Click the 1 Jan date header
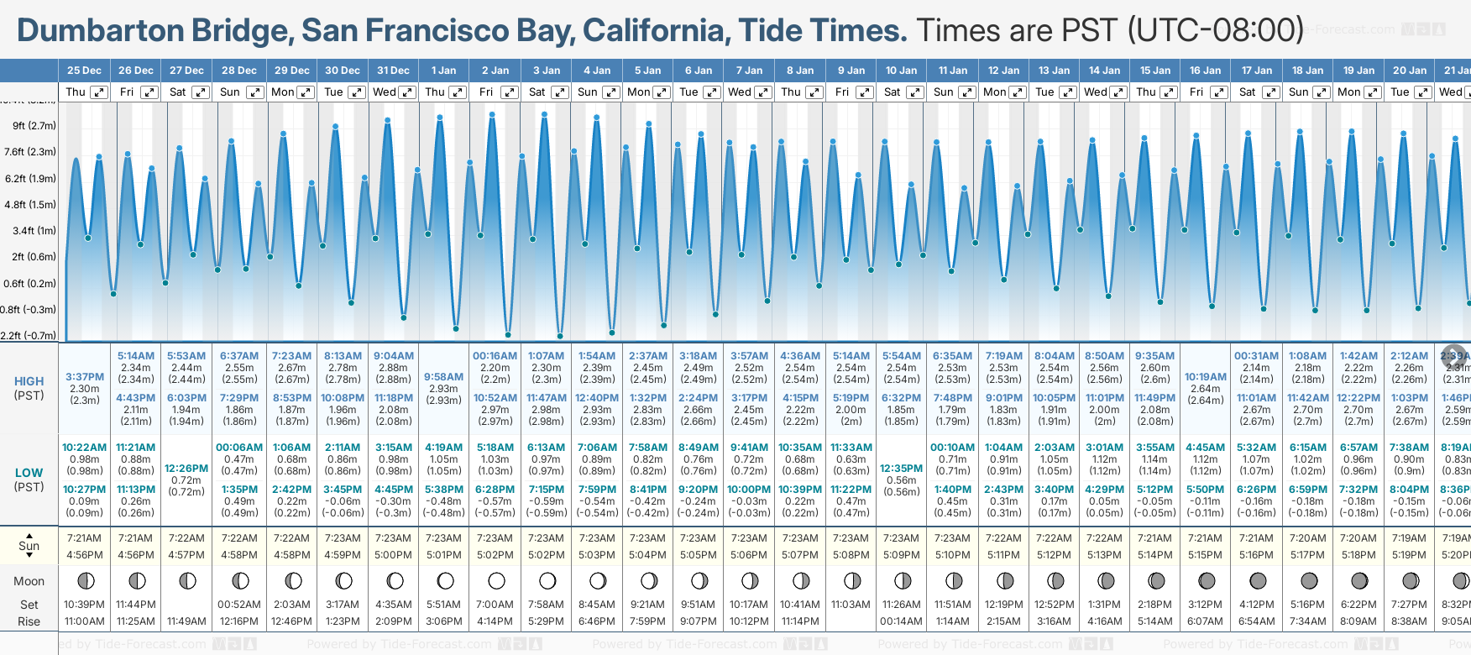pyautogui.click(x=443, y=71)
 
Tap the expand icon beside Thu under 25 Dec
pyautogui.click(x=99, y=92)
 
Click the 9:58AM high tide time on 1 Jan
pyautogui.click(x=443, y=377)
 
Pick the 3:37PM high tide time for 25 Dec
pyautogui.click(x=85, y=377)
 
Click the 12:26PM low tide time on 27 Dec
pyautogui.click(x=186, y=469)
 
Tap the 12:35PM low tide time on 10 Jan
pyautogui.click(x=901, y=469)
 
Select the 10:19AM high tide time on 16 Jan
pyautogui.click(x=1205, y=377)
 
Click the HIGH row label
pyautogui.click(x=29, y=381)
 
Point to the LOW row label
pyautogui.click(x=29, y=473)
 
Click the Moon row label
pyautogui.click(x=29, y=581)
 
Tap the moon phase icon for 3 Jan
pyautogui.click(x=547, y=580)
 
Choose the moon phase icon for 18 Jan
pyautogui.click(x=1308, y=580)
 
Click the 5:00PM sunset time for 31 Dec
pyautogui.click(x=393, y=555)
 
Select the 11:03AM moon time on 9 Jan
pyautogui.click(x=851, y=605)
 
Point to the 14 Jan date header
pyautogui.click(x=1104, y=71)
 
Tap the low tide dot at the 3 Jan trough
pyautogui.click(x=560, y=336)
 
